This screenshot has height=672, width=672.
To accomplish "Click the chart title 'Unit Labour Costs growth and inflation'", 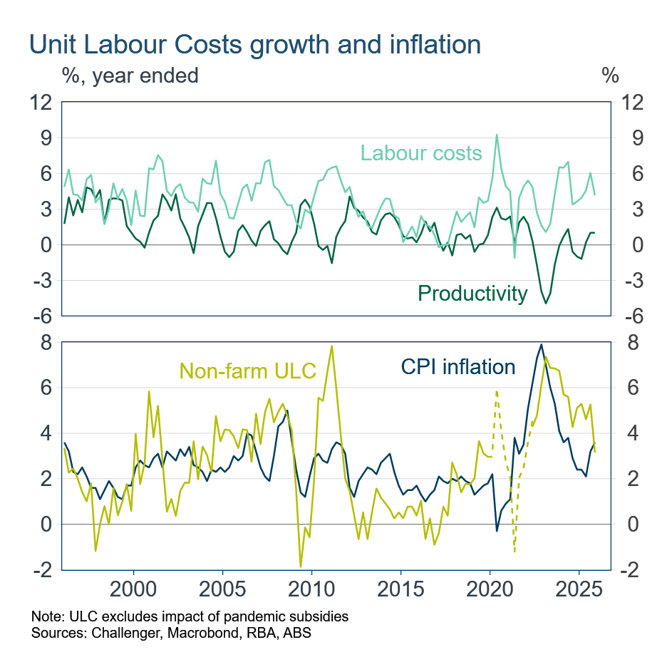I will tap(255, 44).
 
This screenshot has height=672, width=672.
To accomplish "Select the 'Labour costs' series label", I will tap(420, 153).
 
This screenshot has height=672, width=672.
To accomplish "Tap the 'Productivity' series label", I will tap(472, 293).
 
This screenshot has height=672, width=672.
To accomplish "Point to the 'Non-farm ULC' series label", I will tap(247, 371).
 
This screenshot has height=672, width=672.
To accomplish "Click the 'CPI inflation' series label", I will tap(458, 367).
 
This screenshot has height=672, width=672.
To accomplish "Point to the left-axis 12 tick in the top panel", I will tap(41, 103).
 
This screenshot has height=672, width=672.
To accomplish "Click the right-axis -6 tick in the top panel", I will tap(631, 316).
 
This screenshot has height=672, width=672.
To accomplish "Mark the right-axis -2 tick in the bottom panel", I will tap(631, 570).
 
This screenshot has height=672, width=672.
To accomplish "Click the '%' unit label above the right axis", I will tap(610, 75).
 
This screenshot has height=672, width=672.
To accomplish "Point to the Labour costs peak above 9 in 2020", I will tap(497, 135).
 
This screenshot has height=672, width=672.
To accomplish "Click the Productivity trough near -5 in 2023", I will tap(546, 304).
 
